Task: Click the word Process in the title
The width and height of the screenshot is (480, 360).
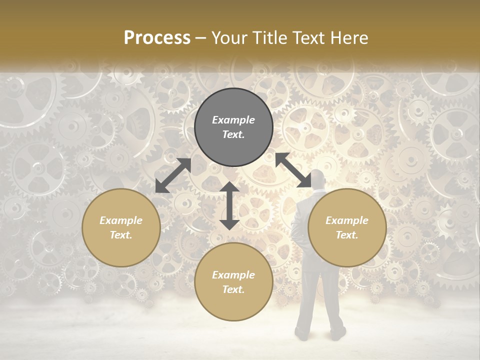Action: (x=157, y=38)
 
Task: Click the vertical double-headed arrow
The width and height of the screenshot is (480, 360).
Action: (x=229, y=205)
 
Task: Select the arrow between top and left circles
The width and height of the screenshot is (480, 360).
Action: (x=173, y=175)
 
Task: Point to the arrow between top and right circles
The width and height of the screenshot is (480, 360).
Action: (x=293, y=170)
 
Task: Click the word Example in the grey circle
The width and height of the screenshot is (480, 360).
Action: (x=233, y=120)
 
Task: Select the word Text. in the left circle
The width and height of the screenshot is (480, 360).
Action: (x=121, y=235)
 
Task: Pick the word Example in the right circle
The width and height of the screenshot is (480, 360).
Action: (x=347, y=220)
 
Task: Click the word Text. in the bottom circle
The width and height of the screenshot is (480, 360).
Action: (x=233, y=289)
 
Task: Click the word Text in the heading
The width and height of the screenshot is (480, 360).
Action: (x=306, y=38)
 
